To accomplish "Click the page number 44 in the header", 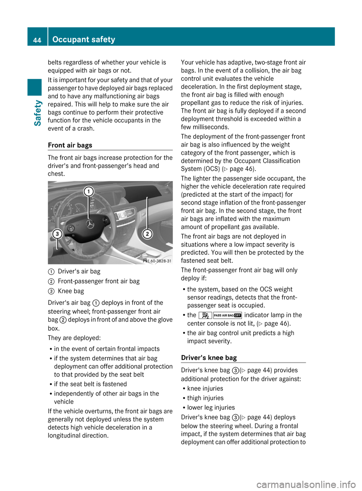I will pos(37,40).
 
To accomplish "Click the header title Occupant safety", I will pos(84,39).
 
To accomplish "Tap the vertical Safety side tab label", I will pos(37,113).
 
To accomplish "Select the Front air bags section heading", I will pos(70,145).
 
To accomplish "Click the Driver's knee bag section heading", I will pos(209,358).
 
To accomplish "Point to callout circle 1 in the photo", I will pos(89,192).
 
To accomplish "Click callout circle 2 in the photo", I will pos(147,234).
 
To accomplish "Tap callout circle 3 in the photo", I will pos(57,234).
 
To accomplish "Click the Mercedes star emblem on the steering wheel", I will pos(90,224).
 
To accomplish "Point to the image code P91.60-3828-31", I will pos(157,261).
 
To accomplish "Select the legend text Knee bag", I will pos(71,291).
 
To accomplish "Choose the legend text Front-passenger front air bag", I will pos(99,281).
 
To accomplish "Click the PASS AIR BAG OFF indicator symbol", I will pos(227,315).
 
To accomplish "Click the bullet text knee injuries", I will pos(205,388).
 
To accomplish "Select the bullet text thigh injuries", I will pos(206,398).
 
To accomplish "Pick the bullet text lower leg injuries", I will pos(211,407).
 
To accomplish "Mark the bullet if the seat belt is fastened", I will pos(90,384).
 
